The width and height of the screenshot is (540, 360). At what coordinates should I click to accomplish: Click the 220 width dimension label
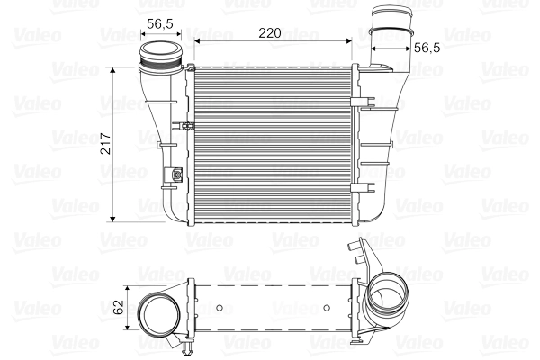[270, 32]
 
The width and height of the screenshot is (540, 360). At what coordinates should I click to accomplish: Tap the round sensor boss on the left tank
[177, 175]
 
